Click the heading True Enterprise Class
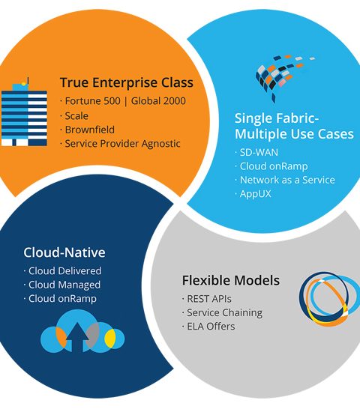127,82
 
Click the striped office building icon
24,113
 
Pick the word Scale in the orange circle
76,116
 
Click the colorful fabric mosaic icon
283,76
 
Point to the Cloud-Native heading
64,252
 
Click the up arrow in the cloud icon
77,337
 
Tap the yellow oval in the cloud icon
110,339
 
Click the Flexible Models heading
231,280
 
